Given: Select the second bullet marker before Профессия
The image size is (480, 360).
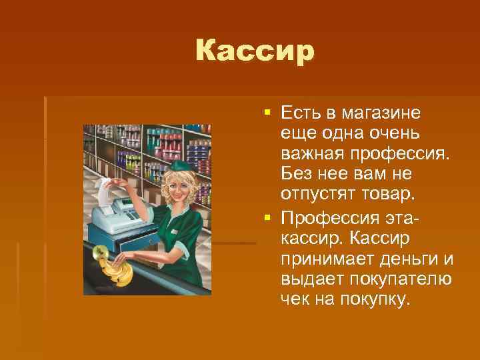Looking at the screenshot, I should [267, 219].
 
